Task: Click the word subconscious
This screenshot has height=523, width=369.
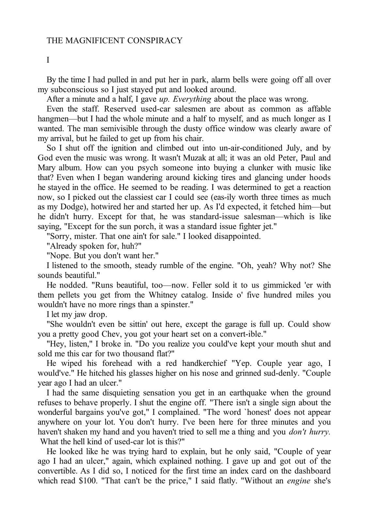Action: tap(72, 90)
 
